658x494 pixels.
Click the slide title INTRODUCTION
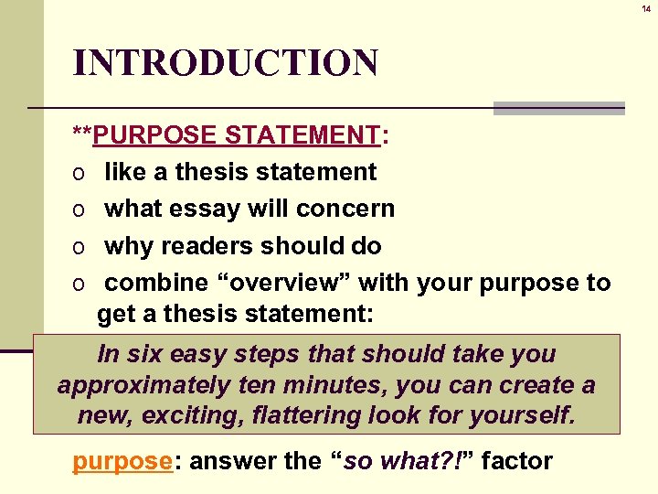pyautogui.click(x=225, y=63)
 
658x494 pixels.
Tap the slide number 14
pyautogui.click(x=646, y=8)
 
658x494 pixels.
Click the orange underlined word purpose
pyautogui.click(x=122, y=460)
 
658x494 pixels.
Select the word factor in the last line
pyautogui.click(x=516, y=460)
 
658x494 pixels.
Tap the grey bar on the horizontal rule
pyautogui.click(x=558, y=108)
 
